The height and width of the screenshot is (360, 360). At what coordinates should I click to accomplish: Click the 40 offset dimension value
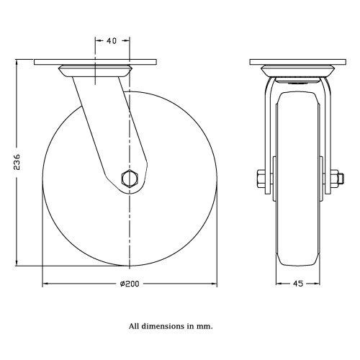[x=112, y=41]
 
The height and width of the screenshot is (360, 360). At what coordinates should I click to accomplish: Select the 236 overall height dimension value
[x=17, y=162]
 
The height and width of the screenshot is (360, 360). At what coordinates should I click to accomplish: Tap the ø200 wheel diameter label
[x=130, y=284]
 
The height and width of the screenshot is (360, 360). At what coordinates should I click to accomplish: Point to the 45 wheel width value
[x=298, y=284]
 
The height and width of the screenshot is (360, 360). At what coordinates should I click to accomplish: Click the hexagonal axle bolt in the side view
[x=130, y=178]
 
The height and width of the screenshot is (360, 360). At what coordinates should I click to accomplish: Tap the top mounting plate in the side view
[x=96, y=62]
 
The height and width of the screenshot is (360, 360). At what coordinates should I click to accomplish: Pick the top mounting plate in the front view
[x=298, y=62]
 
